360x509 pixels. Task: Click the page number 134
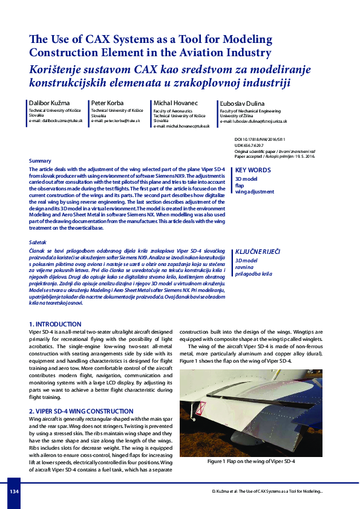point(14,491)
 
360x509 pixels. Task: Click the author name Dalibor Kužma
point(50,103)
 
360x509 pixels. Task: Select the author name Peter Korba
point(108,103)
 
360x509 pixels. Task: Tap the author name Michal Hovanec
point(175,103)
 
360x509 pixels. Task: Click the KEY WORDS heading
point(252,170)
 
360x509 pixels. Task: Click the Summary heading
point(40,160)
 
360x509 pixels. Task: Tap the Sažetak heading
point(39,242)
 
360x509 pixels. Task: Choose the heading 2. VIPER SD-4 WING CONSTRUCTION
point(81,411)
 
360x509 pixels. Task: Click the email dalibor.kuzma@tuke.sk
point(56,121)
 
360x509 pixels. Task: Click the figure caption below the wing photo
point(250,461)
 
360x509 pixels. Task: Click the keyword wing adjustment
point(254,192)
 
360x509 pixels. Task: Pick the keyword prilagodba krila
point(254,274)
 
